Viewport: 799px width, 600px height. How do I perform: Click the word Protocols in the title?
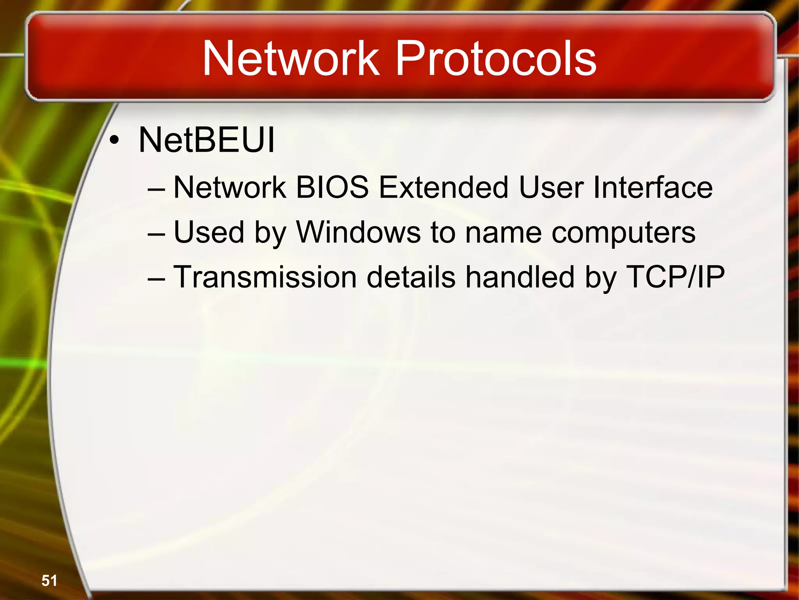coord(496,59)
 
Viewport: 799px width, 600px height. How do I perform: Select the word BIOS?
coord(332,187)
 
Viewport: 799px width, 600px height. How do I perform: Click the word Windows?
coord(359,232)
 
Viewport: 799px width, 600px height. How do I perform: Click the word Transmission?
coord(265,277)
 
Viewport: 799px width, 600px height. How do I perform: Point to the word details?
coord(411,277)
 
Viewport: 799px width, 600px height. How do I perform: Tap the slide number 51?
coord(49,580)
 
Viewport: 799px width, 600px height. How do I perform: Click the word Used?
coord(209,232)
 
